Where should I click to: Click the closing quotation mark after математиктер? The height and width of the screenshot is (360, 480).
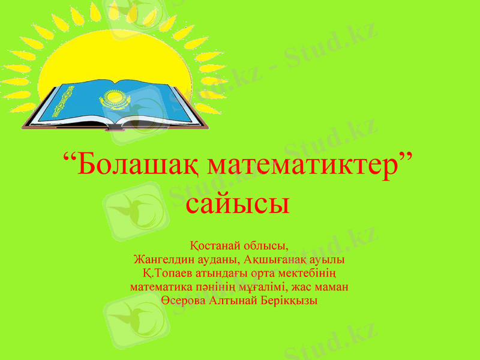(x=407, y=158)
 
